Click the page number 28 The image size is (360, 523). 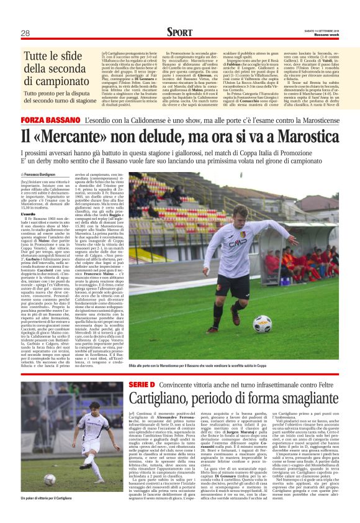pos(25,33)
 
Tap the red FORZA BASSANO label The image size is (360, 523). pos(51,119)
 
